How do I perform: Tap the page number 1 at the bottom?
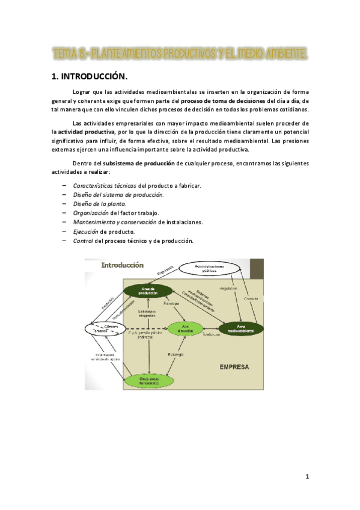click(307, 477)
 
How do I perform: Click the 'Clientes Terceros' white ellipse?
click(106, 329)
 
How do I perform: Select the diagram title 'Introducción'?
click(123, 265)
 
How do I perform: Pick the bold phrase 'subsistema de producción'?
click(139, 163)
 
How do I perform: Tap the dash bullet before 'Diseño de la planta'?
click(64, 204)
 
